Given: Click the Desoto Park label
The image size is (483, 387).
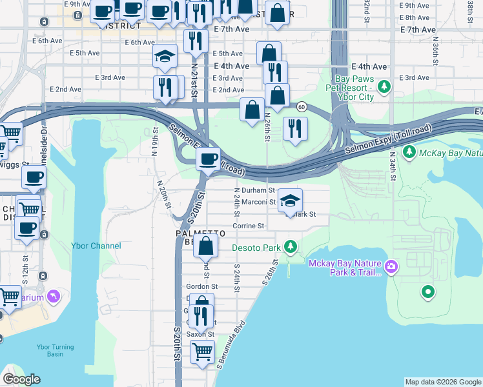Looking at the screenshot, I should (256, 248).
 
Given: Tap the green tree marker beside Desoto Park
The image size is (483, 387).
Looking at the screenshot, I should (291, 247).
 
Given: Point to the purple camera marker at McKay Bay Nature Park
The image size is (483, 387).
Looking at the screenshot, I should (390, 266).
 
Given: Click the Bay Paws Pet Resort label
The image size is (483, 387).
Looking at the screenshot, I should (347, 88).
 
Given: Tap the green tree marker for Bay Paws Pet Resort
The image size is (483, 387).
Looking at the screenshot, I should (384, 86).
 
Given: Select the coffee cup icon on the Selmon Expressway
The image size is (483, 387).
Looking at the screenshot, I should (209, 159).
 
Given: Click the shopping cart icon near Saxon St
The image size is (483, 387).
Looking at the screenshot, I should (203, 352).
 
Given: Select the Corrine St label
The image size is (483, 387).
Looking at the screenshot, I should (249, 226).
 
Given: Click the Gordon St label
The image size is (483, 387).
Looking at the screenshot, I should (201, 286).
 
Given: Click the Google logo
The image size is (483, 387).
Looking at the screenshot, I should (21, 379).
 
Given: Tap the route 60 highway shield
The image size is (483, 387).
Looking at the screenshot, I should (302, 106).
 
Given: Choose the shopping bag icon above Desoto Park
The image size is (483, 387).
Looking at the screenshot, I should (206, 246).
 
